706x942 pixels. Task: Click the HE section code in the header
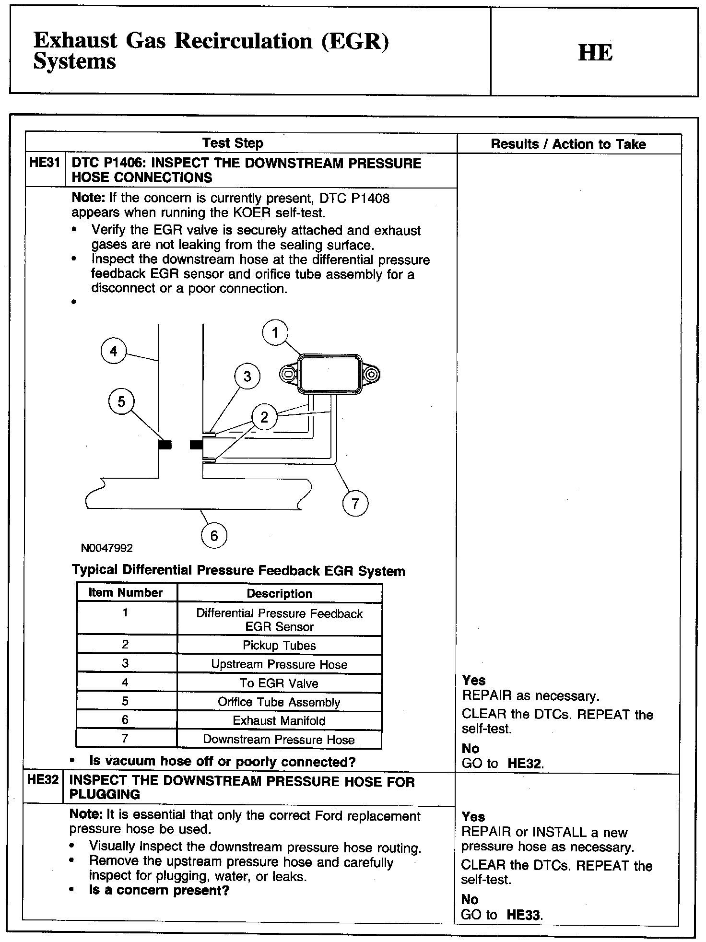click(x=595, y=52)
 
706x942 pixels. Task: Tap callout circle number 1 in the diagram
click(x=275, y=332)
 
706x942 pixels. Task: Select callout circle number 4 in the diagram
click(x=113, y=351)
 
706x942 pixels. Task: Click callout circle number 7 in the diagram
click(x=355, y=503)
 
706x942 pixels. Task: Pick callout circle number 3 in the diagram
click(x=247, y=376)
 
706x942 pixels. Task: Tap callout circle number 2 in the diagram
click(x=264, y=417)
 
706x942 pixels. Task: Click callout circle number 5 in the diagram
click(x=121, y=401)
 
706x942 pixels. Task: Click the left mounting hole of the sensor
click(x=289, y=374)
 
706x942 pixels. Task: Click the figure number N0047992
click(x=107, y=548)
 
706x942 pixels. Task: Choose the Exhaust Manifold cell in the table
click(x=279, y=720)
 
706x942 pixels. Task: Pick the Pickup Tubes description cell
click(x=279, y=645)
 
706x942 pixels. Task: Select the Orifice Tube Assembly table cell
click(x=279, y=702)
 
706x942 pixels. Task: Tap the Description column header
click(x=279, y=593)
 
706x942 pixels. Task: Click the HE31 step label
click(x=44, y=163)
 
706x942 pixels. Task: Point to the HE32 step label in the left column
click(x=43, y=779)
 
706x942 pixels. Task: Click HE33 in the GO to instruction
click(x=524, y=915)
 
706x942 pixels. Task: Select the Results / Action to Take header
click(x=568, y=144)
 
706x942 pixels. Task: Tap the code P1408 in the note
click(x=370, y=198)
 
